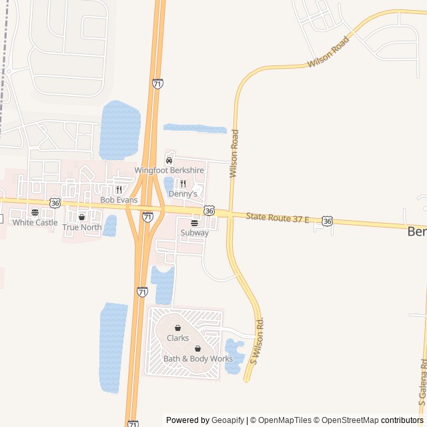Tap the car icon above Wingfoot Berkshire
click(x=169, y=161)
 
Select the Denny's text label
click(x=183, y=193)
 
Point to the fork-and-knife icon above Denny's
click(x=183, y=183)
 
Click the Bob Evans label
click(x=119, y=199)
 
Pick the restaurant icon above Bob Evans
click(x=119, y=189)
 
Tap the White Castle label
click(x=35, y=222)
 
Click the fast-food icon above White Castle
click(x=35, y=212)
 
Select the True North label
click(x=82, y=227)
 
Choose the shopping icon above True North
click(x=82, y=217)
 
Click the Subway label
click(x=194, y=233)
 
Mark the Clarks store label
click(x=177, y=338)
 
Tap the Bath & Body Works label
click(x=198, y=358)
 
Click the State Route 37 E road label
click(x=277, y=218)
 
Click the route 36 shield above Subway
click(x=209, y=211)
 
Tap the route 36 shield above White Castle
click(x=55, y=203)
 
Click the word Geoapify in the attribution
click(x=228, y=420)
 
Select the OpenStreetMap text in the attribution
click(x=350, y=420)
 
